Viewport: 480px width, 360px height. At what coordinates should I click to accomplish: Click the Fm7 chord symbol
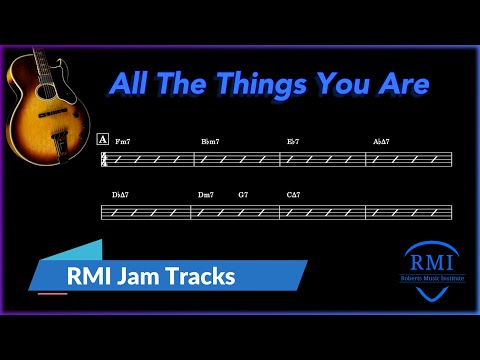[x=122, y=141]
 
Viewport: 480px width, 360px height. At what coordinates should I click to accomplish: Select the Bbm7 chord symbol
[x=209, y=141]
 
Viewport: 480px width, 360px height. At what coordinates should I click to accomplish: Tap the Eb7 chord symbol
[x=293, y=141]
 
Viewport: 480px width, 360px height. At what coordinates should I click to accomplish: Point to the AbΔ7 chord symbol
[x=381, y=141]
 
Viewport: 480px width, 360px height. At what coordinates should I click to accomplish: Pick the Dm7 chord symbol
[x=207, y=194]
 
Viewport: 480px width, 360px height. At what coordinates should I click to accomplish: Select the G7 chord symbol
[x=243, y=194]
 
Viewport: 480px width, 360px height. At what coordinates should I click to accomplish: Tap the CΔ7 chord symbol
[x=293, y=194]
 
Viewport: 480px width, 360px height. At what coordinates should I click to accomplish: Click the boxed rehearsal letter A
[x=103, y=139]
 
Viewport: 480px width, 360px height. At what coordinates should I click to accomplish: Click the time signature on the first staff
[x=104, y=159]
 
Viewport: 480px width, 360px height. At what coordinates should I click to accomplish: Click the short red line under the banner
[x=52, y=294]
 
